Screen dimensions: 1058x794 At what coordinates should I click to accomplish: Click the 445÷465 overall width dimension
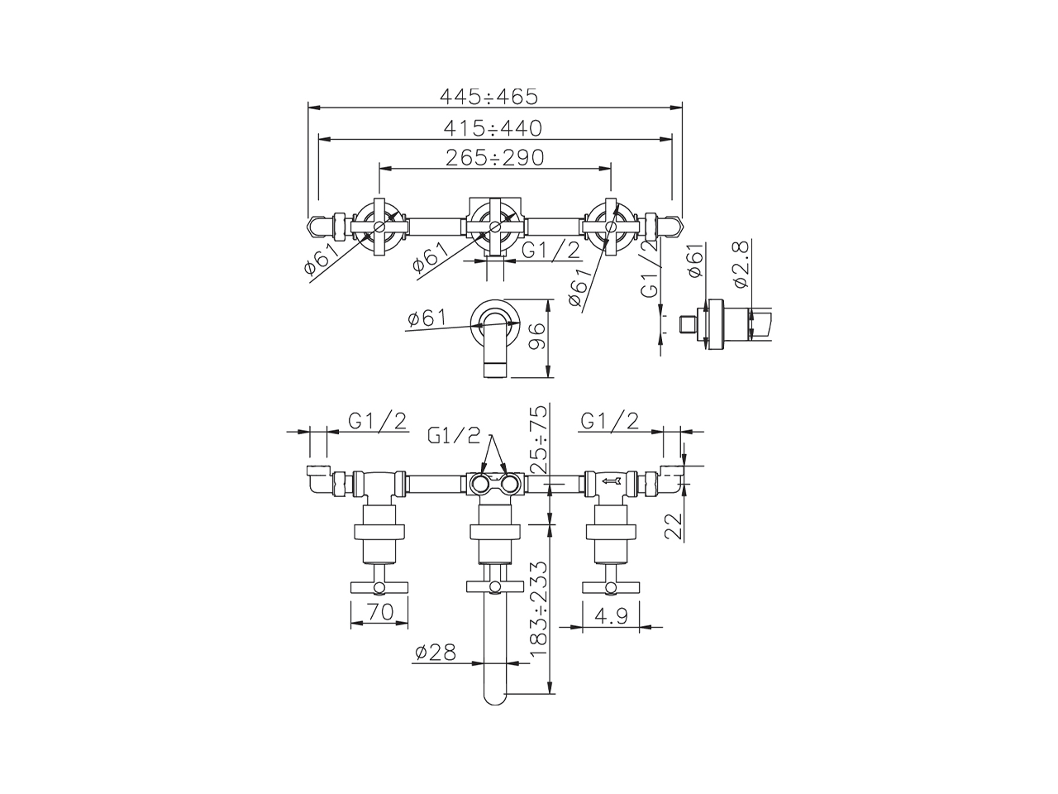click(x=488, y=97)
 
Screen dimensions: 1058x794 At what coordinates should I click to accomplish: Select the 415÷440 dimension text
click(x=493, y=128)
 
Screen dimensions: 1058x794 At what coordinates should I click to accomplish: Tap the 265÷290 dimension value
click(x=494, y=158)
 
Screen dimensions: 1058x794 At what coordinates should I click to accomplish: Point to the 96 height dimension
click(x=537, y=336)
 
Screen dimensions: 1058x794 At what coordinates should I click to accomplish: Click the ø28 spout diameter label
click(x=436, y=653)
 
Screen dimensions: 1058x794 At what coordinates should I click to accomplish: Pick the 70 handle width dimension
click(x=380, y=612)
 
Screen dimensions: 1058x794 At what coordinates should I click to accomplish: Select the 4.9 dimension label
click(x=611, y=615)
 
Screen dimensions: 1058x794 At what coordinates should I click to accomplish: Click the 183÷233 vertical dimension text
click(x=538, y=609)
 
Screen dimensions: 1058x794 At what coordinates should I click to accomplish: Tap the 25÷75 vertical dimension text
click(x=538, y=438)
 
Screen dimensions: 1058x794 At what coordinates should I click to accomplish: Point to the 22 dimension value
click(x=674, y=526)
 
